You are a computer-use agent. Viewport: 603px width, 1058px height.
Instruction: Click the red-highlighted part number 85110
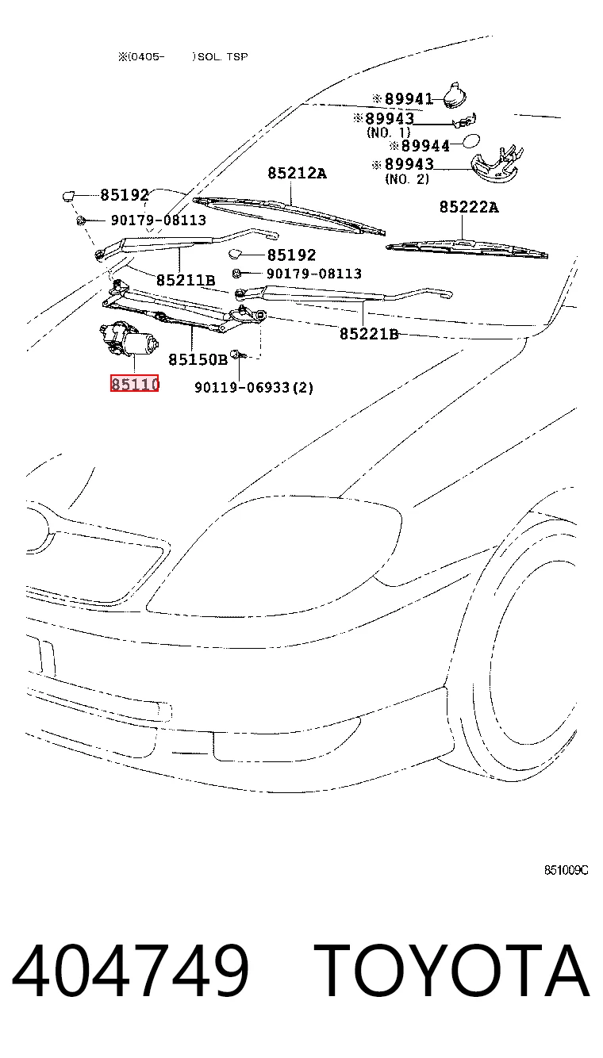[135, 384]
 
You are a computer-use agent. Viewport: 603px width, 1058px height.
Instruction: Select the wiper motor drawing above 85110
[129, 339]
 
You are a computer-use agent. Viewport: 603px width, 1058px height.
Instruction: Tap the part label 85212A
[298, 173]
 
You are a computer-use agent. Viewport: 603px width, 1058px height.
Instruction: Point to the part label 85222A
[469, 207]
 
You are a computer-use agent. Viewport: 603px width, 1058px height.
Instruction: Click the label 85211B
[186, 280]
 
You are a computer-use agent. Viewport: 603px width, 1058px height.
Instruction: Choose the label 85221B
[369, 334]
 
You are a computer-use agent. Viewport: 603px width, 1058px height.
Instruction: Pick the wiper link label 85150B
[198, 359]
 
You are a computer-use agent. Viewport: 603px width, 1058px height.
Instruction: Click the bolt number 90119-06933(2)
[254, 388]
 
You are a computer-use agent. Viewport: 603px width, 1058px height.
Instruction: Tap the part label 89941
[409, 98]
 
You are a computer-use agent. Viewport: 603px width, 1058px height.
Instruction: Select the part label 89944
[425, 146]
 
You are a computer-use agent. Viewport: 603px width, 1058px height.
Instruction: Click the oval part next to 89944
[471, 141]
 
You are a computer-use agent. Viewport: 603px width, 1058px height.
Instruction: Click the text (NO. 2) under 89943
[407, 179]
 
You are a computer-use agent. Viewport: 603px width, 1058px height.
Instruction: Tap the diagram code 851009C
[567, 871]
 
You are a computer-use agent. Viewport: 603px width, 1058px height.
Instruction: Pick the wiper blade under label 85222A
[467, 248]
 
